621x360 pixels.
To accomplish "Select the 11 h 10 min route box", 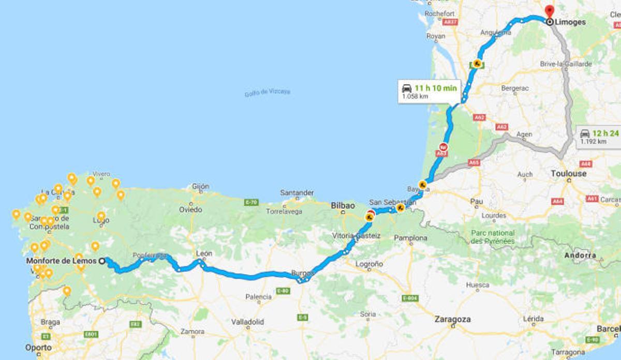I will point(429,92).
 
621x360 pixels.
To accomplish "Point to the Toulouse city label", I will point(569,174).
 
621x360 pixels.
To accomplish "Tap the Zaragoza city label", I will point(453,319).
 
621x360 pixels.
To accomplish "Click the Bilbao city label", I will point(343,206).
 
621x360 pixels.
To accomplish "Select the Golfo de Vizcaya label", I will point(267,92).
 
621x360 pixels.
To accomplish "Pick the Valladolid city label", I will point(247,322).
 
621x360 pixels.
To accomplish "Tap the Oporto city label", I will point(38,348).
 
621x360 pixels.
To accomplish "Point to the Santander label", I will point(297,192).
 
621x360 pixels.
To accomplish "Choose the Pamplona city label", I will point(410,238).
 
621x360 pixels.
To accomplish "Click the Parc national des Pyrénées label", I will point(493,237).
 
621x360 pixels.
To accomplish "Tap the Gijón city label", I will point(200,186).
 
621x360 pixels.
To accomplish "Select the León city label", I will point(204,253).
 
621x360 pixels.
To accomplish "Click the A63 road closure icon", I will point(443,146).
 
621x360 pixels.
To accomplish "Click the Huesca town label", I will point(477,284).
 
